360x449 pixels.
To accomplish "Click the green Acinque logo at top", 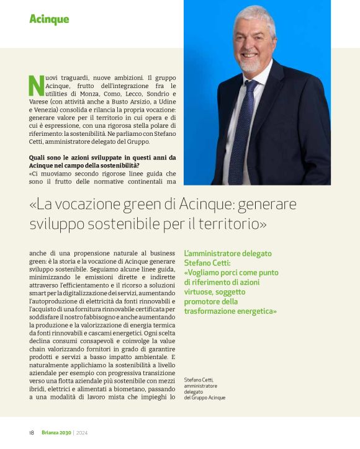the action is pos(49,19).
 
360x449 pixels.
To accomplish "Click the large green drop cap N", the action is pos(36,86).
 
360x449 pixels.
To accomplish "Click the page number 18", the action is pos(31,432).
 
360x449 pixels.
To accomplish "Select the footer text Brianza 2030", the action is pos(56,432).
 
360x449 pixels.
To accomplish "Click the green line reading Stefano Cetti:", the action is pos(213,262).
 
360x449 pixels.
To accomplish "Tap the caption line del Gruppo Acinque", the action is pos(205,398).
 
